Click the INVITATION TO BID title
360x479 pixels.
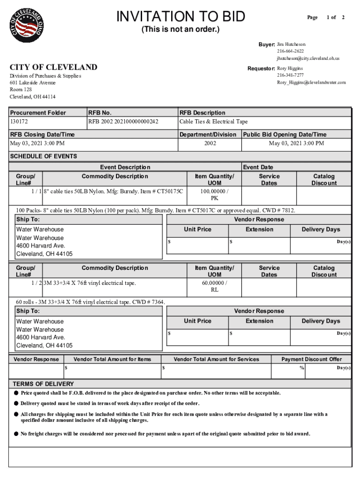click(180, 17)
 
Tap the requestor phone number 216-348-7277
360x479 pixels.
click(290, 75)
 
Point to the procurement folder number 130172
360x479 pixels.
click(20, 122)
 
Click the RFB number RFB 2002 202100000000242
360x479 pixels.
click(123, 122)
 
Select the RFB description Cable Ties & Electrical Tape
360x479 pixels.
click(214, 122)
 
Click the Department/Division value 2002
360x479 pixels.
click(210, 143)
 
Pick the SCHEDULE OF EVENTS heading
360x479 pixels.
click(43, 156)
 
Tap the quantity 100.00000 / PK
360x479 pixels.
click(215, 195)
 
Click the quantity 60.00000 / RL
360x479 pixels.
click(215, 286)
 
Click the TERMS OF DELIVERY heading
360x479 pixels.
click(43, 384)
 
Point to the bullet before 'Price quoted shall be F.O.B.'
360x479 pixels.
click(16, 393)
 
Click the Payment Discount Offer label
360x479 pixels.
click(311, 359)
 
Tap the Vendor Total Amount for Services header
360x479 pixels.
click(216, 359)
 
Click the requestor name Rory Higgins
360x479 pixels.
click(290, 68)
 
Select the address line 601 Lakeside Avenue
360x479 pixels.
click(33, 83)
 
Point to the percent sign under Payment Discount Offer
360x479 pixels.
click(302, 368)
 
